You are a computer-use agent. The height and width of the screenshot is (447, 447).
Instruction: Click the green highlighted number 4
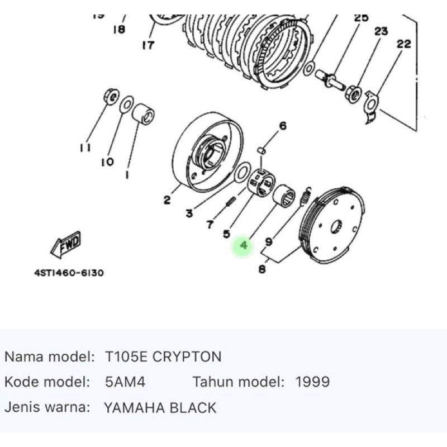tap(244, 245)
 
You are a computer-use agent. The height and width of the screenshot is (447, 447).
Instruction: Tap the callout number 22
tap(403, 44)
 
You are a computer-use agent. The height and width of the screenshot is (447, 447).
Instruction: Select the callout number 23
tap(381, 32)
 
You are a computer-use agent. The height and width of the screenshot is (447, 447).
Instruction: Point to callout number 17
tap(148, 45)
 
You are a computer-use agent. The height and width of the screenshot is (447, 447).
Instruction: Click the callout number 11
tap(85, 148)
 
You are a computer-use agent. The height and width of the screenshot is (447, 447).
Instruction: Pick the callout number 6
tap(283, 126)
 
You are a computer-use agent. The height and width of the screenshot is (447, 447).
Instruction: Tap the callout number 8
tap(262, 270)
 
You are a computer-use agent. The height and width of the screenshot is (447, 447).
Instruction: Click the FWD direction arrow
tap(66, 244)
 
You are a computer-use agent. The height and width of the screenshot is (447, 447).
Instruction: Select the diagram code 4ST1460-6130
tap(68, 273)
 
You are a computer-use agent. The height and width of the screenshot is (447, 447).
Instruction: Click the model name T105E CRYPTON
tap(163, 356)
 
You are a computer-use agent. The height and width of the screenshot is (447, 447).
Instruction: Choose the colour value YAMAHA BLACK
tap(160, 408)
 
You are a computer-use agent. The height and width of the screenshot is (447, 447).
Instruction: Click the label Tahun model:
tap(238, 382)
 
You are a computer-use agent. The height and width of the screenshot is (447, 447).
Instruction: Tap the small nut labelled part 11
tap(110, 97)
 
